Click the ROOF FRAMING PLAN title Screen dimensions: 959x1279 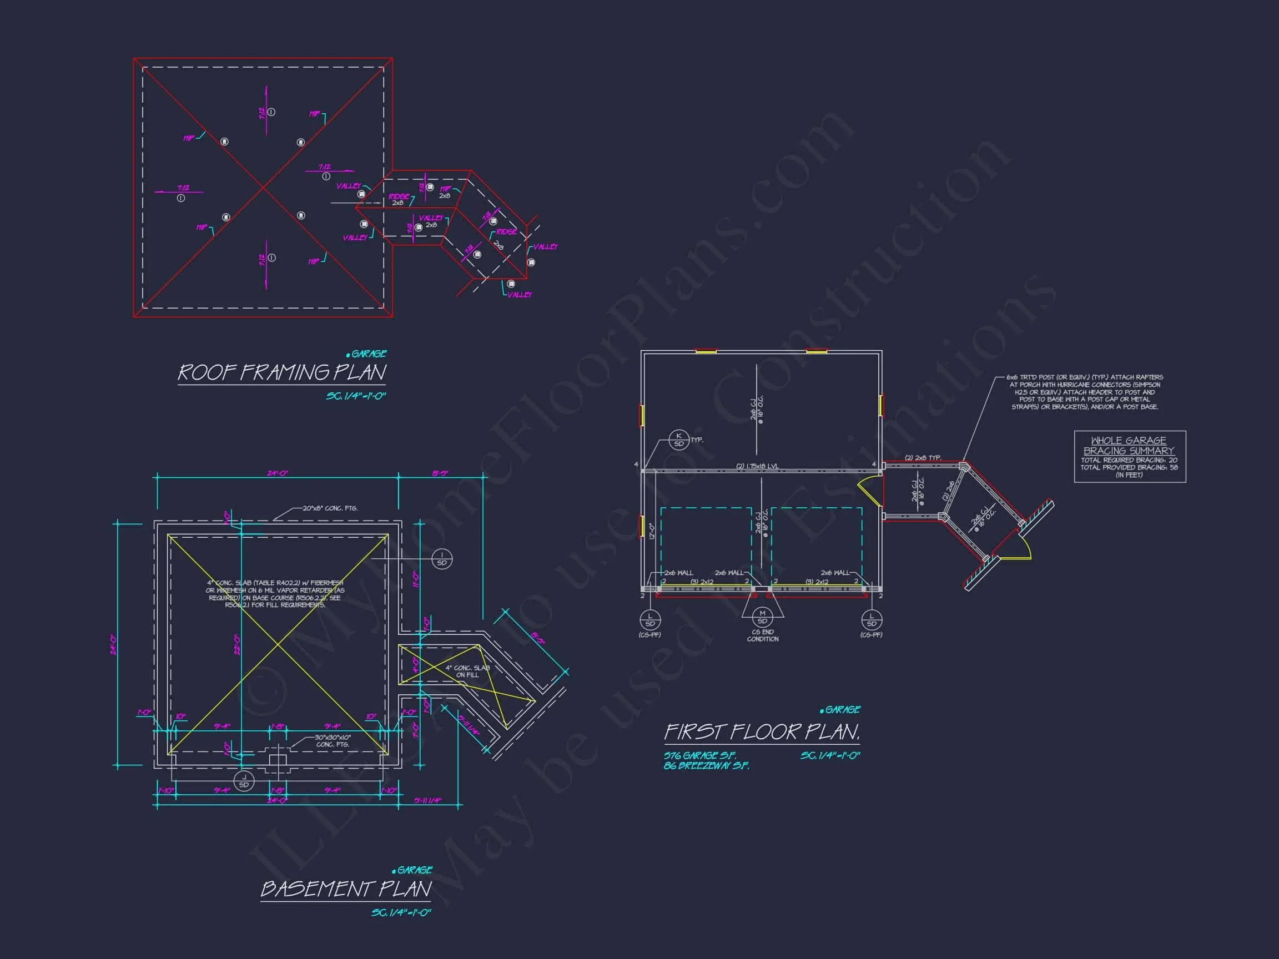click(281, 373)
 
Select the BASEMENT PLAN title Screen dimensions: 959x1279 click(346, 889)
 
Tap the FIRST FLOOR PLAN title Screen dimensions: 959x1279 click(762, 733)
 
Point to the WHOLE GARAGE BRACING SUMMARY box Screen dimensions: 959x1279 click(1129, 457)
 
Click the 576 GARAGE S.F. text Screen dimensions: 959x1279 click(699, 755)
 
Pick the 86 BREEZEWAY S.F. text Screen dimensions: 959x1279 click(706, 766)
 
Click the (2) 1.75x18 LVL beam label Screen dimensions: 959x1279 click(757, 467)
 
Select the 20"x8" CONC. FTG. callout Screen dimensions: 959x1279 click(330, 509)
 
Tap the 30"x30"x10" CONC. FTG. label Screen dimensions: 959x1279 click(333, 741)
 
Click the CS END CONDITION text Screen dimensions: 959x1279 click(763, 635)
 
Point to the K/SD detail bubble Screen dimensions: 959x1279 click(679, 440)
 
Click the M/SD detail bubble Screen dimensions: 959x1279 click(762, 617)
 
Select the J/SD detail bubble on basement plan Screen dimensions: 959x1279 click(244, 781)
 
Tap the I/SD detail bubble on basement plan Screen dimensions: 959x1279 click(442, 559)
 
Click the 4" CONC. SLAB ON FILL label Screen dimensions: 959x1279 click(467, 671)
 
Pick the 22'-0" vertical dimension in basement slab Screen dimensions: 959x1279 click(236, 643)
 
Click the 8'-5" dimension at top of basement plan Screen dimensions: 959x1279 click(440, 473)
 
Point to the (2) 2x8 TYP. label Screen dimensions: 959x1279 click(923, 458)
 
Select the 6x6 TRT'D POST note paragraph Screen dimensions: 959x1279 click(1084, 392)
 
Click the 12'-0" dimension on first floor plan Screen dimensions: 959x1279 click(652, 531)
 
